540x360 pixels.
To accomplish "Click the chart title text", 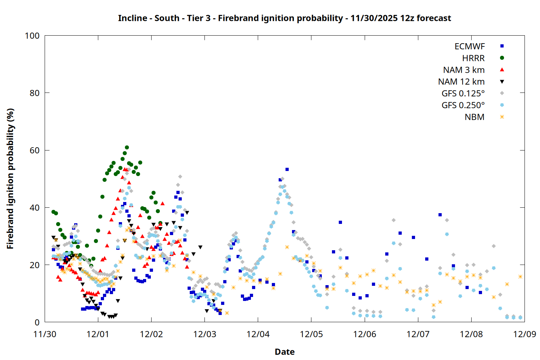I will (284, 18).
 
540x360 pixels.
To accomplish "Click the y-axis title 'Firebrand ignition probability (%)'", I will (10, 179).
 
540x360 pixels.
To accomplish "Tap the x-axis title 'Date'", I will (284, 352).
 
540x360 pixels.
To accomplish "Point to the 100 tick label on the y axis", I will (32, 36).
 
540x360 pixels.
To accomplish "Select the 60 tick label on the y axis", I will (35, 150).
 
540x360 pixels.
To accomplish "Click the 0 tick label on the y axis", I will (37, 322).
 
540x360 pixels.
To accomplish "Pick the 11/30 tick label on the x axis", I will (45, 334).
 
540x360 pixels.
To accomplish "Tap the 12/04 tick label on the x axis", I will (258, 334).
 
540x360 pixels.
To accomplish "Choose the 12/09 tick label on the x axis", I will (525, 334).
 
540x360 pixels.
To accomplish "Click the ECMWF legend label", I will (469, 46).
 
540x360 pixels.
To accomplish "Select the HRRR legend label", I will (473, 58).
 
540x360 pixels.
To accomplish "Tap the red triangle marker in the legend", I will (502, 70).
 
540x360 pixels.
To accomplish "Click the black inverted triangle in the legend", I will (502, 82).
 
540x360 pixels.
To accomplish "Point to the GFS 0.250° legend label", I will (463, 105).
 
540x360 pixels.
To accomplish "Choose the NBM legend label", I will (474, 117).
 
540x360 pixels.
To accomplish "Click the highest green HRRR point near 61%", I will (127, 147).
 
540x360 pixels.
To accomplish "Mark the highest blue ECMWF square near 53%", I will (287, 169).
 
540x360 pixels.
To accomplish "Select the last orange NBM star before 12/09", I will (520, 276).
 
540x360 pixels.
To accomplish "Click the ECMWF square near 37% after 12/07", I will (440, 215).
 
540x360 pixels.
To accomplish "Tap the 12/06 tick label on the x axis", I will (365, 334).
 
